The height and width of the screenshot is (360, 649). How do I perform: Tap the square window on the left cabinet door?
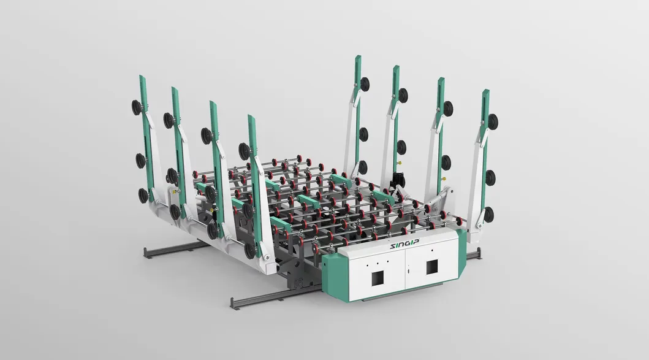click(x=375, y=278)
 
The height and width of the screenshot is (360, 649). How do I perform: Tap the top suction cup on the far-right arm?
click(x=492, y=121)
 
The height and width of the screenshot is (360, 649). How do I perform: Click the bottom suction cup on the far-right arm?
click(x=488, y=214)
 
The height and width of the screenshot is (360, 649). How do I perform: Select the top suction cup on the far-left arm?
click(x=136, y=108)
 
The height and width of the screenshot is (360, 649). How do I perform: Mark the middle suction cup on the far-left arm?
click(x=140, y=161)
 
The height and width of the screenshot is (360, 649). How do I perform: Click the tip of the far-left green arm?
click(x=142, y=77)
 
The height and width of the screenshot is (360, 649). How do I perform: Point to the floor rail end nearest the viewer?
click(x=233, y=304)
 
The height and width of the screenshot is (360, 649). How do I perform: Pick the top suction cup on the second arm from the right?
click(x=448, y=109)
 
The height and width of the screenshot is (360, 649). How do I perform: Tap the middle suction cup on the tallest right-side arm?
click(x=364, y=133)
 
